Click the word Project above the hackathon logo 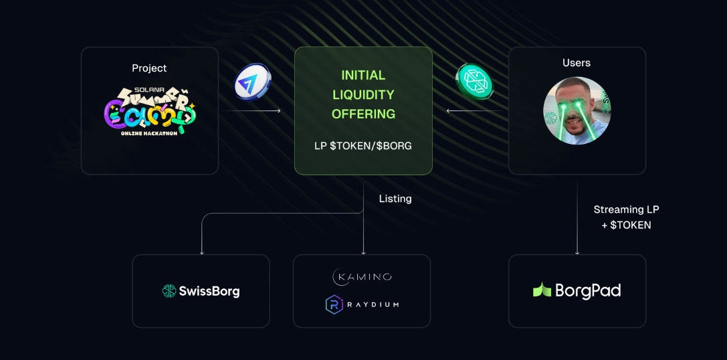[x=149, y=68]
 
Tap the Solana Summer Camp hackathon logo [x=150, y=110]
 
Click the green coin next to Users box [x=474, y=82]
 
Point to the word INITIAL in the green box [x=363, y=75]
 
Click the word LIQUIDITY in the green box [x=363, y=94]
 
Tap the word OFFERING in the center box [x=363, y=114]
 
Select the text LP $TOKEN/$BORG [x=363, y=145]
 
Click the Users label [x=577, y=63]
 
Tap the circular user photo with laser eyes [x=577, y=110]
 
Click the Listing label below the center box [x=395, y=199]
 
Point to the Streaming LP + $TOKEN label [x=626, y=217]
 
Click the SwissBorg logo [x=201, y=291]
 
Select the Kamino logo [x=362, y=277]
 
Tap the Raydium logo [x=362, y=304]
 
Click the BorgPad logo [x=577, y=290]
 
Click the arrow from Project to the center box [x=253, y=111]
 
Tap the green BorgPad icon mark [x=542, y=290]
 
